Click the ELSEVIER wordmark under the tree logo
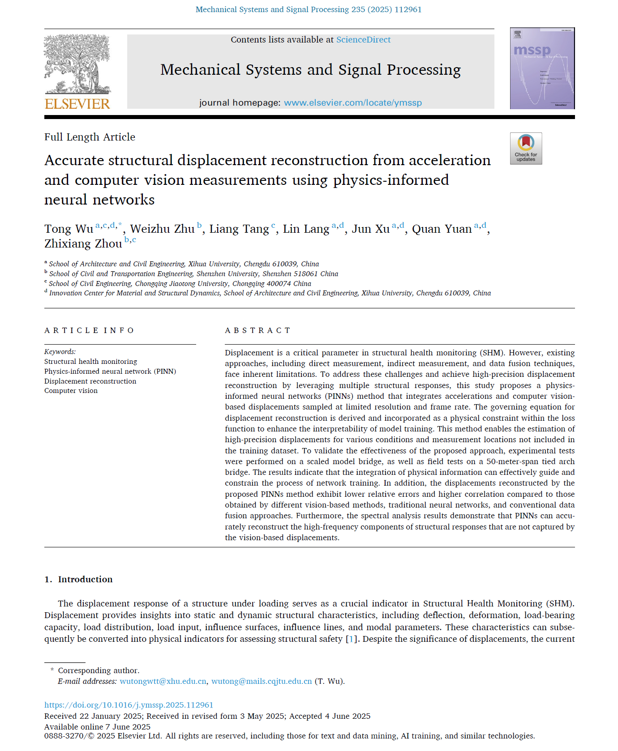click(x=77, y=104)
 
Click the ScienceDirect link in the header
click(x=363, y=40)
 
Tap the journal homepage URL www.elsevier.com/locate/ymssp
click(x=353, y=103)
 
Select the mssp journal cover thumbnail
click(x=542, y=68)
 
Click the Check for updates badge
click(x=526, y=149)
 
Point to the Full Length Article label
click(x=90, y=137)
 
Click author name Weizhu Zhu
click(x=162, y=229)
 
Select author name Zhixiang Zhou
click(x=83, y=244)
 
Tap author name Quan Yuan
click(x=442, y=229)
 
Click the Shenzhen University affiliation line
click(x=193, y=274)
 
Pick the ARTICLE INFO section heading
click(x=89, y=330)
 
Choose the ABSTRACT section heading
click(x=257, y=330)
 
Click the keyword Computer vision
click(x=71, y=391)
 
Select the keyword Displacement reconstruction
click(x=90, y=381)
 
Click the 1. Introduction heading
click(x=79, y=579)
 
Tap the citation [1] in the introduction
click(x=351, y=639)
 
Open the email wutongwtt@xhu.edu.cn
click(x=163, y=681)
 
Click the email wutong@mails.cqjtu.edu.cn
click(x=262, y=681)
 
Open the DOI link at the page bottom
click(x=129, y=705)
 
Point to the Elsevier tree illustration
click(x=77, y=64)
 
